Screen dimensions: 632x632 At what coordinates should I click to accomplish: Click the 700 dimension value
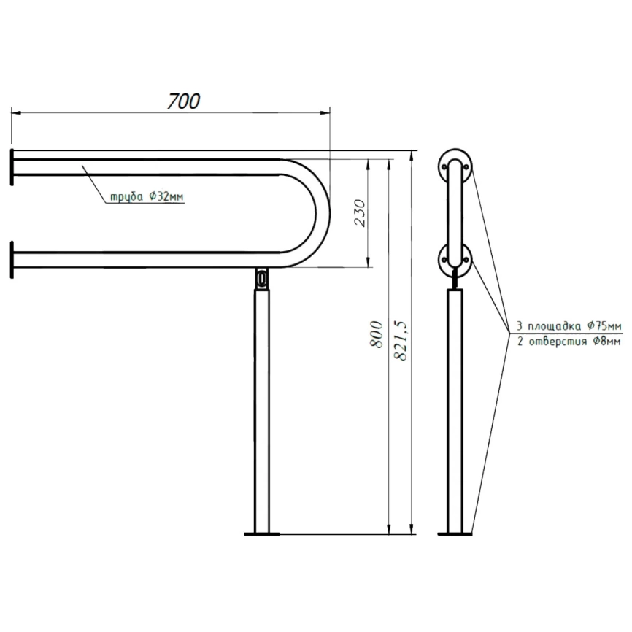tap(184, 101)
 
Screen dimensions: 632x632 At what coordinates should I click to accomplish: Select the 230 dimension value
tap(360, 213)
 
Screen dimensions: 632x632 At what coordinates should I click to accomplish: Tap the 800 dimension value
tap(377, 334)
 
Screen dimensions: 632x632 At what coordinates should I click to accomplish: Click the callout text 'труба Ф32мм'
tap(147, 197)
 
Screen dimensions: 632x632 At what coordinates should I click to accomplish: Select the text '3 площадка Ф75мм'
tap(569, 325)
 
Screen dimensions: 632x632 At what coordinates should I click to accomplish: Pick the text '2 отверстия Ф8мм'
tap(569, 342)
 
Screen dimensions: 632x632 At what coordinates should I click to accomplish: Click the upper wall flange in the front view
tap(12, 167)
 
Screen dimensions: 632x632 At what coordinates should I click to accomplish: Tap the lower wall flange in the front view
tap(12, 260)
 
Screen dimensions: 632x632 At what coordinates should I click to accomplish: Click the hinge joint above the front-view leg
tap(262, 278)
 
